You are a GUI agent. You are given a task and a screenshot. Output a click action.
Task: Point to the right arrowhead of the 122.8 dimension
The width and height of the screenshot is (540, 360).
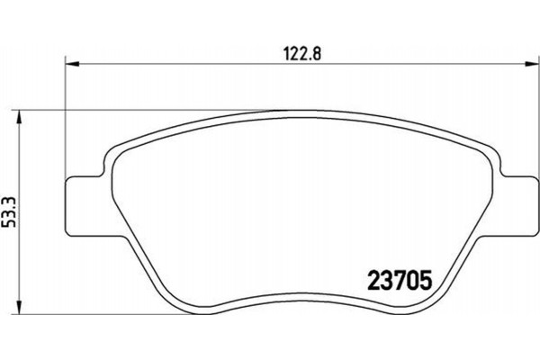pyautogui.click(x=525, y=63)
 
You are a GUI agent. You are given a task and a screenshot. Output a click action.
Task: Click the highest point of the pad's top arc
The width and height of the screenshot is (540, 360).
pyautogui.click(x=297, y=111)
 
